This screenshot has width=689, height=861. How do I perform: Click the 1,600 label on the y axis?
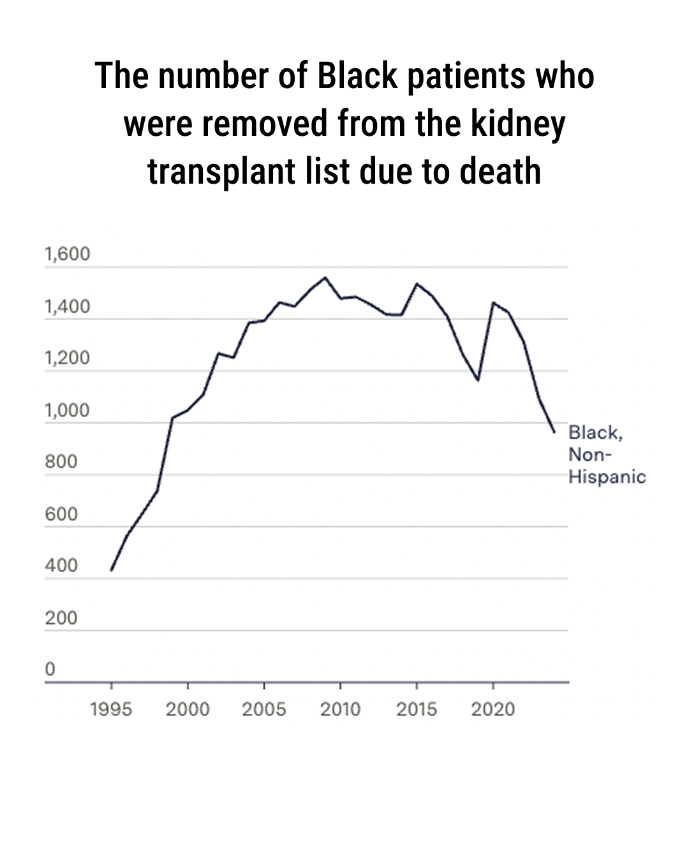coord(68,254)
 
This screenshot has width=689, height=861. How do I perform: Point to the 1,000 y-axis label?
coord(68,410)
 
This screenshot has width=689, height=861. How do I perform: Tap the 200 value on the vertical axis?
coord(61,617)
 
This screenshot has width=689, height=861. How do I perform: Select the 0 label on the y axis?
coord(50,669)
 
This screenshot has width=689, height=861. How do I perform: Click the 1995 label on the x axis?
coord(111,709)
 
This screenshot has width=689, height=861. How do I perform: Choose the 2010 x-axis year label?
coord(340,709)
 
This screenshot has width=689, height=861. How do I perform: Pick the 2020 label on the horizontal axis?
coord(493,709)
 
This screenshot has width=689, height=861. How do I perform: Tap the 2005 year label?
coord(263,709)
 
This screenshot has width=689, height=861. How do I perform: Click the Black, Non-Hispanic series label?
coord(606,454)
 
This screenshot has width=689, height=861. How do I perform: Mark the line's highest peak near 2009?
coord(325,277)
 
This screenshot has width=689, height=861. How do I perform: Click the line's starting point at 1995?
coord(112,570)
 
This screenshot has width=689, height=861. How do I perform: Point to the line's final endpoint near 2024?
coord(554,432)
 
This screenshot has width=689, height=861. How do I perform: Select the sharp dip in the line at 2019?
coord(477,380)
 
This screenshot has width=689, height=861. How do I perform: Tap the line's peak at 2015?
coord(417,284)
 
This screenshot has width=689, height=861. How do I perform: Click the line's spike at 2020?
coord(493,302)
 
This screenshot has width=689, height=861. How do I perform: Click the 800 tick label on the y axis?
coord(61,462)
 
